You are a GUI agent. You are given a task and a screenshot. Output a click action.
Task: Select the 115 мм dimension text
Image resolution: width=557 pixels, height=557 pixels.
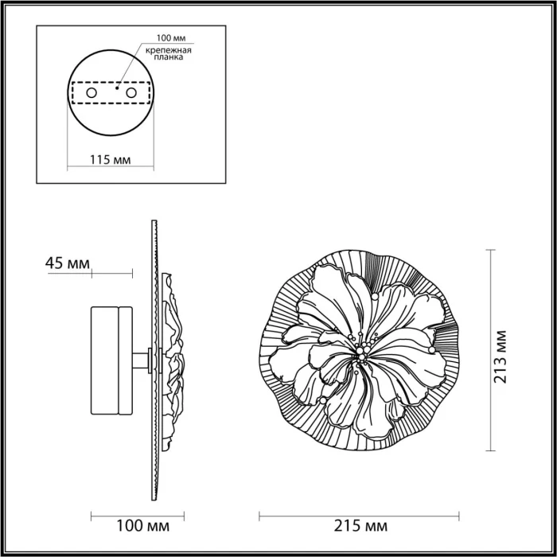pyautogui.click(x=111, y=159)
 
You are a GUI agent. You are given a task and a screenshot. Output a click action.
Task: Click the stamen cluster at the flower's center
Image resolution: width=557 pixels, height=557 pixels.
pyautogui.click(x=360, y=352)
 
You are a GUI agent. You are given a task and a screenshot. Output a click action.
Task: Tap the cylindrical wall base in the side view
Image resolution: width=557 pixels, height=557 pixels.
pyautogui.click(x=113, y=360)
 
